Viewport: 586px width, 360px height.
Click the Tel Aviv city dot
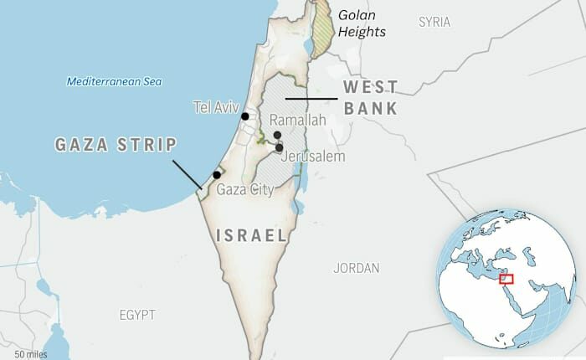coord(245,117)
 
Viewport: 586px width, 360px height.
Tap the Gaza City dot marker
coord(217,175)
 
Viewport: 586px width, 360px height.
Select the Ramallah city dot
coord(276,135)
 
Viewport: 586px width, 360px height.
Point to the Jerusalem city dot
coord(279,147)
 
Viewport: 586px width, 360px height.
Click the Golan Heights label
coord(362,23)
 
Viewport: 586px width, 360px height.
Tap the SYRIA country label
coord(434,22)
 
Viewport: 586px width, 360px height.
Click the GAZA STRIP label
coord(116,144)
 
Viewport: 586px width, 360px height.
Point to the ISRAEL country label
coord(252,235)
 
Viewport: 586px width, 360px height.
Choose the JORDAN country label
coord(356,269)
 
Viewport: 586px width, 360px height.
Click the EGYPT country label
coord(136,315)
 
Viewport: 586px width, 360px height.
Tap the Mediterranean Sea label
coord(114,82)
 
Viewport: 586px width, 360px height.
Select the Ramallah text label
coord(297,121)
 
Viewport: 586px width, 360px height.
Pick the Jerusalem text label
coord(314,157)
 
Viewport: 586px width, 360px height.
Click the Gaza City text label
coord(245,190)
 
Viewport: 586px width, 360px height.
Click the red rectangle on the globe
coord(506,279)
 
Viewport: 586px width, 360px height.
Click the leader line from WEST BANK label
coord(311,99)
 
